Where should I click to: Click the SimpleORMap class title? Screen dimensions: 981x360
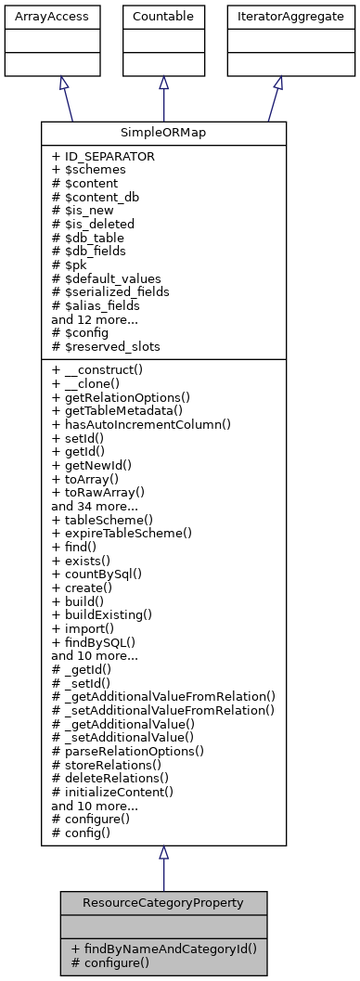pos(163,133)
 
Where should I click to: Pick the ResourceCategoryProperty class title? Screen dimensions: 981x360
pos(163,901)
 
